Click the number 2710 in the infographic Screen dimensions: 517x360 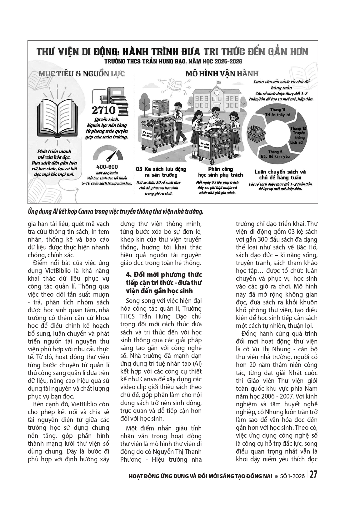[x=104, y=110]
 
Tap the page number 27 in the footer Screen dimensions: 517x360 [x=313, y=475]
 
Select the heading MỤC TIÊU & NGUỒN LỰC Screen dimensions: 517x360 [x=82, y=74]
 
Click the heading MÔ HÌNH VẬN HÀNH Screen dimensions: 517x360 [x=222, y=74]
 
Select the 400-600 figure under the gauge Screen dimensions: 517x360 [x=107, y=167]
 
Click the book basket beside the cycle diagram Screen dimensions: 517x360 [x=257, y=133]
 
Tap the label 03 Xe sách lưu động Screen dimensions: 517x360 [x=161, y=172]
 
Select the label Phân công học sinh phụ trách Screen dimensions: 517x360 [x=220, y=172]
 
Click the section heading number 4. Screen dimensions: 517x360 [x=127, y=275]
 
